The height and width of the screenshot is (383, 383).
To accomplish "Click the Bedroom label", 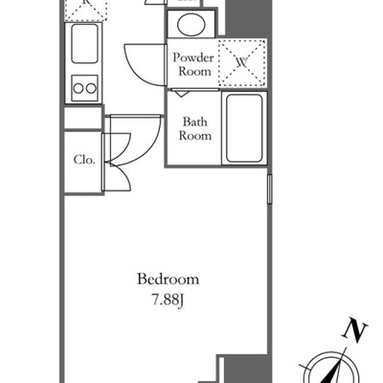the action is click(x=168, y=280).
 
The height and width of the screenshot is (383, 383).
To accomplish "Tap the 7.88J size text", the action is click(x=168, y=301).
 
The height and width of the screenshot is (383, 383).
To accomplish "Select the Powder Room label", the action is click(x=193, y=64).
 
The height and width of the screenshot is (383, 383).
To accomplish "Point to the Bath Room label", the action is click(x=194, y=128).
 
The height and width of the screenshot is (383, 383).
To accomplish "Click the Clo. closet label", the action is click(x=84, y=160).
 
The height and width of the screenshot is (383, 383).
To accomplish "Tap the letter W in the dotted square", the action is click(x=242, y=62).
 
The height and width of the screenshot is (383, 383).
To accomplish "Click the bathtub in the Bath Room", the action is click(x=244, y=128).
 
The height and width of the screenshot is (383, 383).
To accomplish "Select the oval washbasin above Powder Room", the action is click(x=191, y=25).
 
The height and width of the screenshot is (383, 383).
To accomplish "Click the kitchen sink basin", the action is click(x=84, y=43).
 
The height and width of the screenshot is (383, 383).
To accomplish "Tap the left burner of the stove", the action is click(x=79, y=88).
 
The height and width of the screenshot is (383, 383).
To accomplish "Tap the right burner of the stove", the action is click(x=91, y=88).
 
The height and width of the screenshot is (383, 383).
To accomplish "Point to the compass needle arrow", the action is click(x=332, y=371).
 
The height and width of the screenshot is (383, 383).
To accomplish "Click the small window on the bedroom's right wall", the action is click(x=270, y=189).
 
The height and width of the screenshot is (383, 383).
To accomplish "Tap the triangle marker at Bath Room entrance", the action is click(x=181, y=94).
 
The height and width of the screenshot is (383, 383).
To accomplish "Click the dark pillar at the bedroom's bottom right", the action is click(x=244, y=369).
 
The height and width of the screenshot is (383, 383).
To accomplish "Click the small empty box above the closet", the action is click(x=82, y=119).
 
